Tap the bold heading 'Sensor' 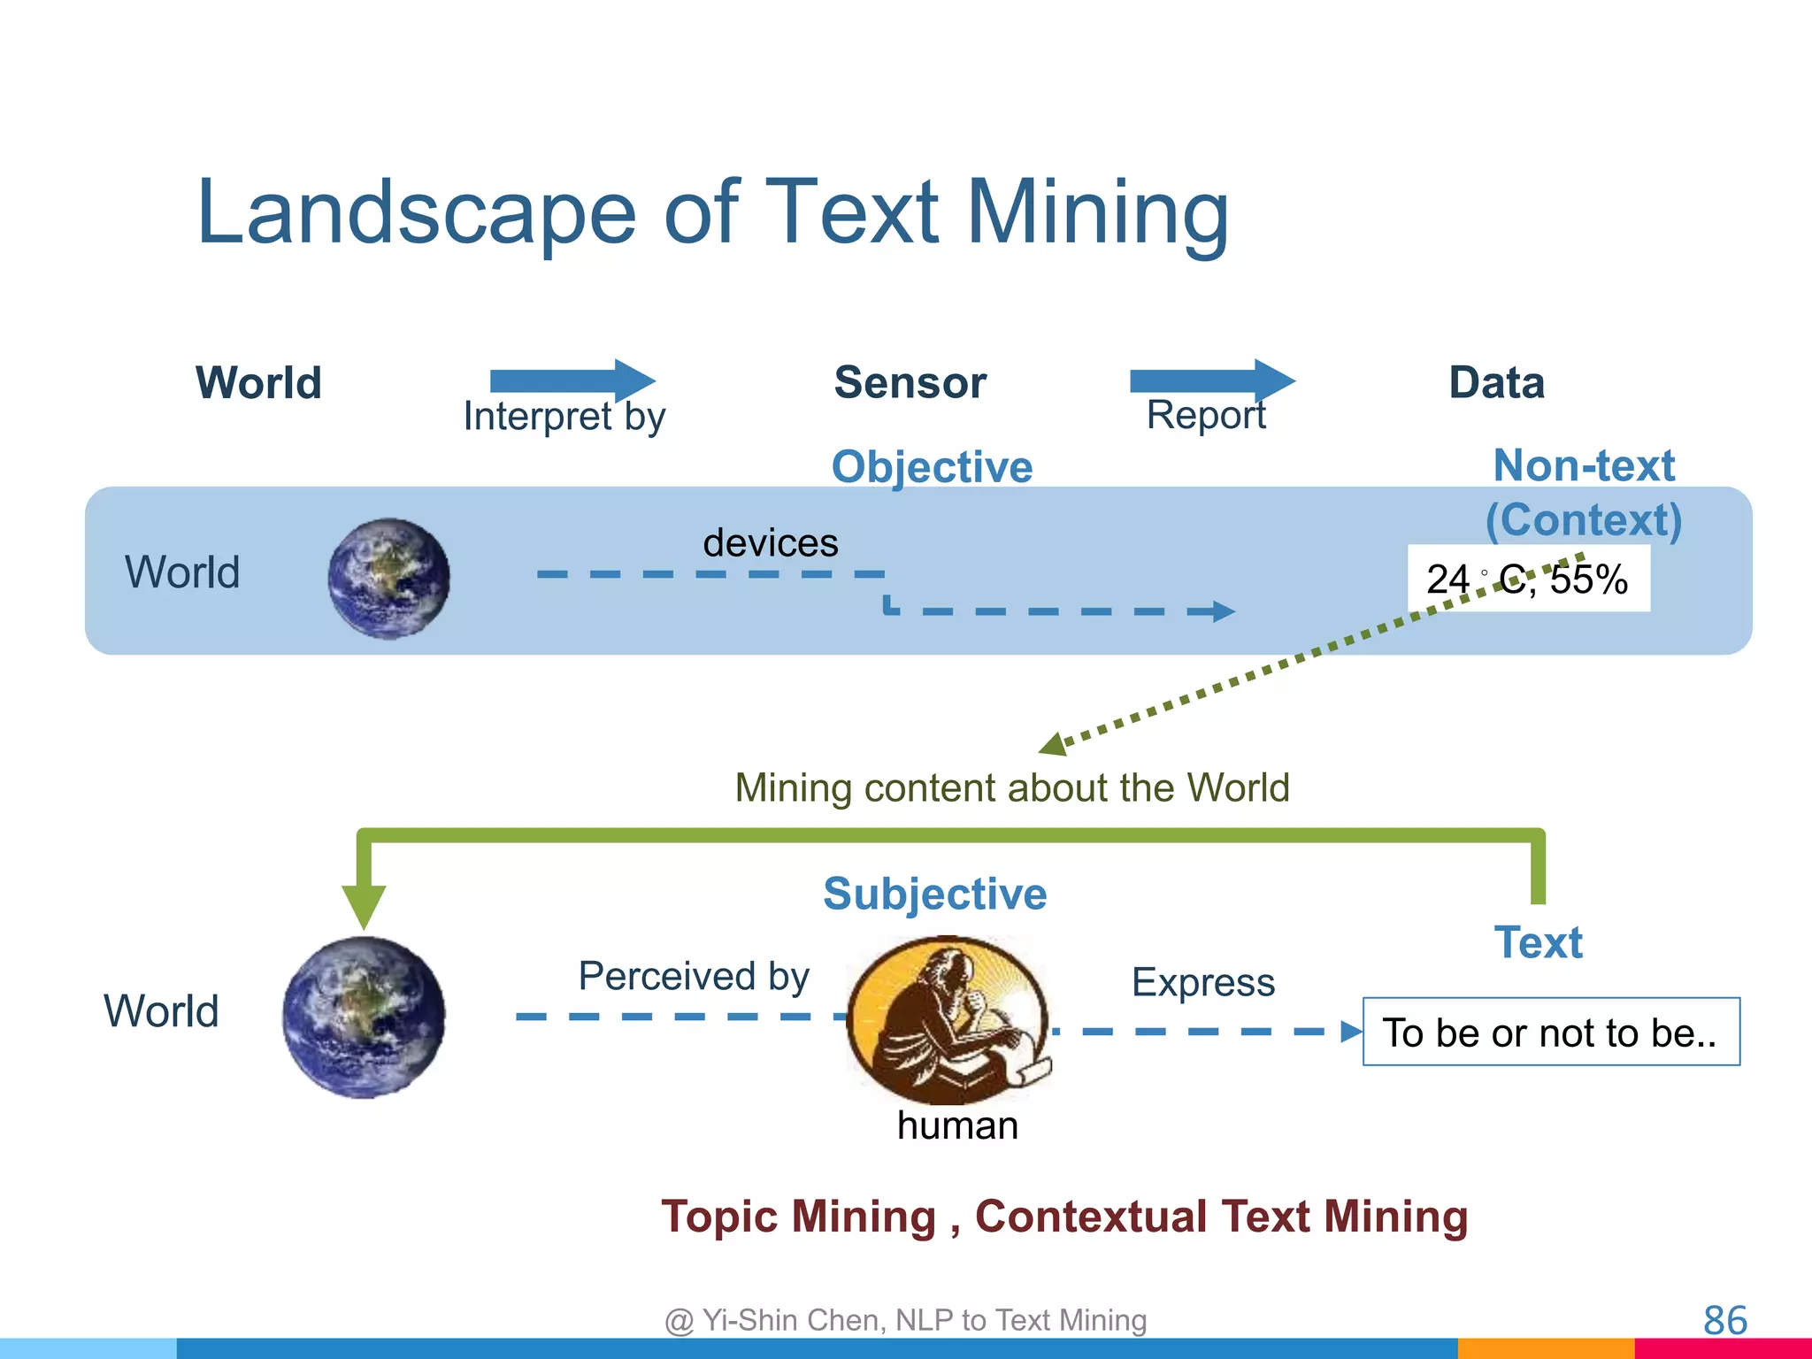910,383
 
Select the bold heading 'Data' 1496,383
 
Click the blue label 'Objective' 932,466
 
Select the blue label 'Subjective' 934,894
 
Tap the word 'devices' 770,542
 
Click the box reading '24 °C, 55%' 1528,580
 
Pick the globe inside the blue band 388,578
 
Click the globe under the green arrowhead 364,1017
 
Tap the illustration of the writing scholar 948,1017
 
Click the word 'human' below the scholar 957,1125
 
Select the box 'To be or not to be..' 1550,1032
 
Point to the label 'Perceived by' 694,976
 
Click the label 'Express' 1202,982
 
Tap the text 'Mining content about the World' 1011,787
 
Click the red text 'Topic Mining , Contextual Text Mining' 1064,1216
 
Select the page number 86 1724,1320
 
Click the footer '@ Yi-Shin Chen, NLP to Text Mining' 905,1320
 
